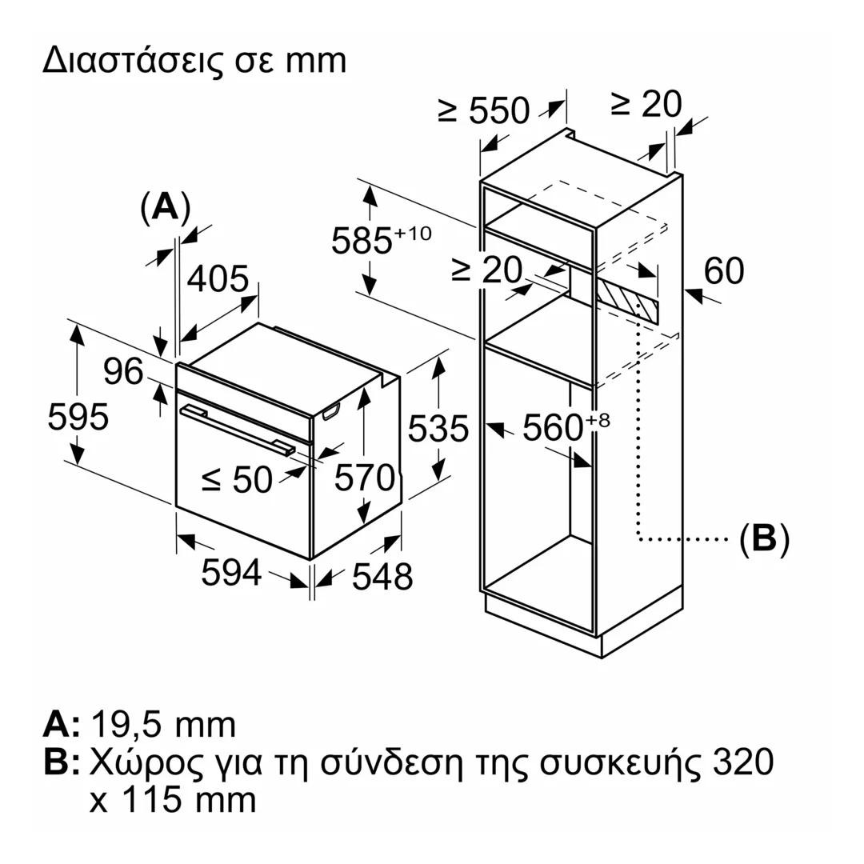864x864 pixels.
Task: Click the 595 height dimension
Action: pyautogui.click(x=78, y=417)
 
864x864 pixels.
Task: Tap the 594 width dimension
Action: pyautogui.click(x=231, y=572)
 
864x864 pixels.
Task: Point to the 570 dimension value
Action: pyautogui.click(x=365, y=478)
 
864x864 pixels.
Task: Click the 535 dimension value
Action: pyautogui.click(x=437, y=430)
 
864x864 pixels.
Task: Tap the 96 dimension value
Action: pyautogui.click(x=123, y=372)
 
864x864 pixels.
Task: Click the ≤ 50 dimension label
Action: pyautogui.click(x=237, y=479)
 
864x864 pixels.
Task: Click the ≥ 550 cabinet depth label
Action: pyautogui.click(x=485, y=111)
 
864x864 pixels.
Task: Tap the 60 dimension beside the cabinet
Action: pyautogui.click(x=723, y=271)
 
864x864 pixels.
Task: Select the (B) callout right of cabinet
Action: pyautogui.click(x=763, y=539)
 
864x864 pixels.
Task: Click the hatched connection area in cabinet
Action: pyautogui.click(x=629, y=300)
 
